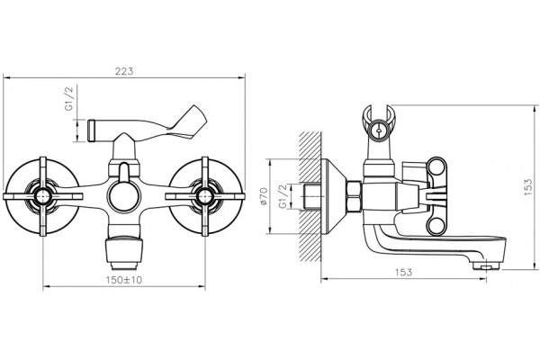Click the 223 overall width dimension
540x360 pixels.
[124, 71]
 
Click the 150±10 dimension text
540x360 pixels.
[124, 280]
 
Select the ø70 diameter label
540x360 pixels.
[264, 196]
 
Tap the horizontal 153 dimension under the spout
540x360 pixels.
[403, 272]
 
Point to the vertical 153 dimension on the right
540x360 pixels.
[528, 187]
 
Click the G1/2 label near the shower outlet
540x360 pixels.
[69, 98]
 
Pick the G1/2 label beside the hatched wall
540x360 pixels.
[283, 196]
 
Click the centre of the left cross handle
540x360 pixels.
[43, 196]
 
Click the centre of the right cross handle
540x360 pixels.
[205, 196]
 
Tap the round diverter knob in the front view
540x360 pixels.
[124, 196]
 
